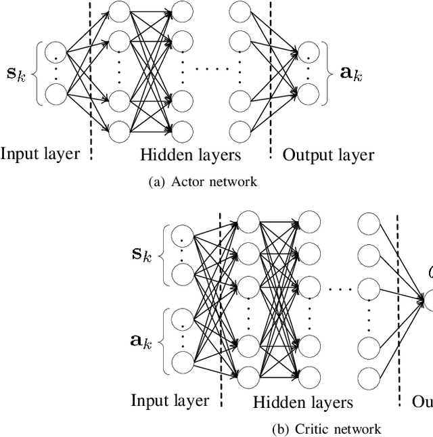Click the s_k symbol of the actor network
coord(17,72)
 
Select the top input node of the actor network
coord(56,52)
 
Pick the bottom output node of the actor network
coord(309,94)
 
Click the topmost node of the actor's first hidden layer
coord(119,11)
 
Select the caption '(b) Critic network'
coord(326,428)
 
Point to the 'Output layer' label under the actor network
coord(328,155)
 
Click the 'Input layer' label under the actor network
coord(39,154)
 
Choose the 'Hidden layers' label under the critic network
coord(303,403)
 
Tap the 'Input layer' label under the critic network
coord(170,400)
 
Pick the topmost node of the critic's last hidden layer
coord(369,223)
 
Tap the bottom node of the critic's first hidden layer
coord(249,376)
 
